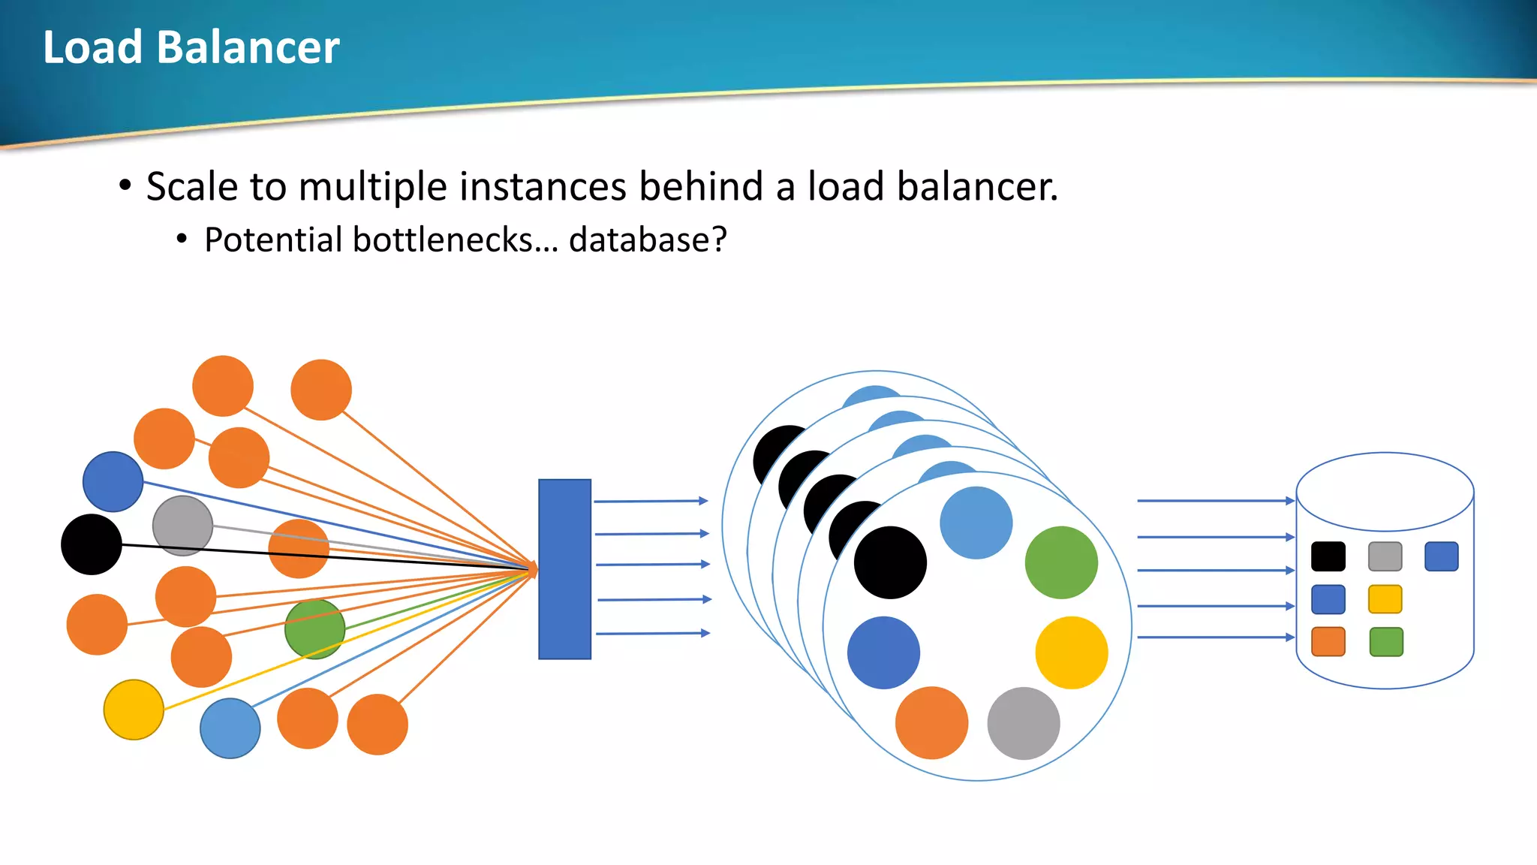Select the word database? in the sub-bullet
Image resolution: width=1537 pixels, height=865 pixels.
point(648,240)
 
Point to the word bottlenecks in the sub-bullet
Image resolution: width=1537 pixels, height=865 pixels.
point(443,240)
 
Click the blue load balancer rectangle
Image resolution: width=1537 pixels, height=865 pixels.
point(564,569)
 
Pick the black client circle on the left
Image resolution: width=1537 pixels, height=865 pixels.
point(92,544)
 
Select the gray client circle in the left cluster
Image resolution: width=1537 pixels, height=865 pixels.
point(182,525)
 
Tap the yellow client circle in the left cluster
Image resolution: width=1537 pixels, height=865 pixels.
point(134,710)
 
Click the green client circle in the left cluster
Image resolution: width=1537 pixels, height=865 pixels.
point(314,628)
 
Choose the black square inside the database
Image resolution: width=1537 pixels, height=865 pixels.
point(1328,556)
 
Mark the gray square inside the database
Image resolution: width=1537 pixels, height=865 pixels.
point(1385,556)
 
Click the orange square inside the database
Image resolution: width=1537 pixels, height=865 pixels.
point(1328,642)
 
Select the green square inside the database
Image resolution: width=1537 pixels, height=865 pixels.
point(1385,642)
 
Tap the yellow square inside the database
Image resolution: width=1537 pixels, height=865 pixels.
point(1385,599)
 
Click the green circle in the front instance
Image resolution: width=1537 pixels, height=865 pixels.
point(1061,562)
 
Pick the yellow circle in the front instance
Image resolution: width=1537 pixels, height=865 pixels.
point(1071,653)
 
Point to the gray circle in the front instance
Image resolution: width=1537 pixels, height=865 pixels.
point(1024,723)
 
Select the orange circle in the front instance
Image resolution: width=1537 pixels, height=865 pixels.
point(931,722)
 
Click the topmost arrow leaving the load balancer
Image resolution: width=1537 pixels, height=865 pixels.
point(651,501)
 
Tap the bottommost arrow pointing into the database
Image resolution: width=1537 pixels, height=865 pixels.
point(1216,637)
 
